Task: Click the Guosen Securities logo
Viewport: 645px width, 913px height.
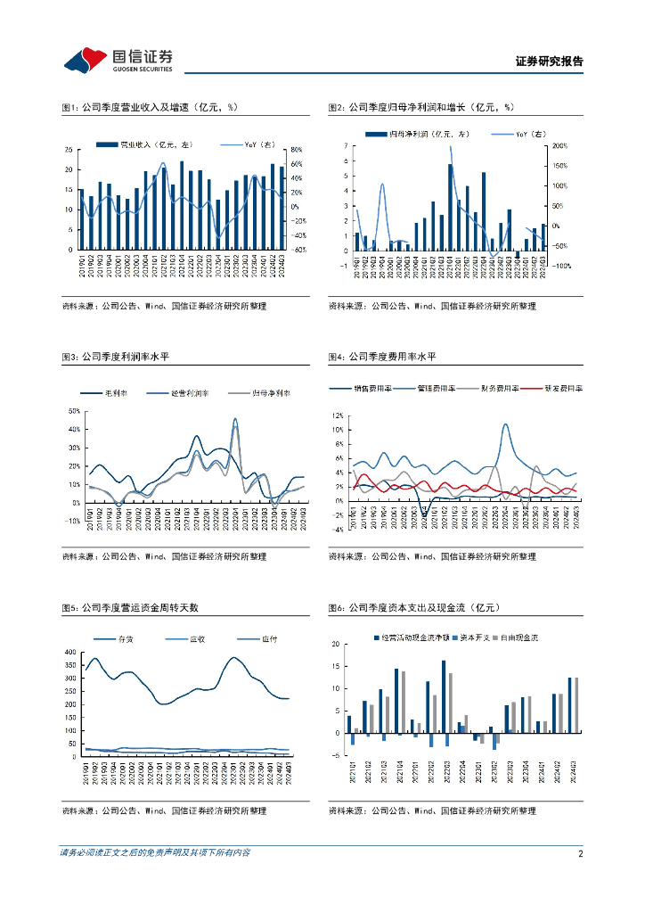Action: point(118,60)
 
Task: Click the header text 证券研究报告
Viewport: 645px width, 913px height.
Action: point(549,62)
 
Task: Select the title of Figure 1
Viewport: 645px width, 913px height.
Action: point(150,108)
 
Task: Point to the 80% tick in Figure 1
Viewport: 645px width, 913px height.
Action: point(297,150)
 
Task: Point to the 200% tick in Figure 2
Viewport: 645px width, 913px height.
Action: point(560,145)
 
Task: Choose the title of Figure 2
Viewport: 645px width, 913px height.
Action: point(421,108)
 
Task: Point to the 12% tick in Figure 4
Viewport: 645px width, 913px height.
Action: point(338,415)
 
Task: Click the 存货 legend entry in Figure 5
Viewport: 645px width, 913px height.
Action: point(125,638)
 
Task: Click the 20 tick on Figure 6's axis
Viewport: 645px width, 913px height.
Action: point(336,644)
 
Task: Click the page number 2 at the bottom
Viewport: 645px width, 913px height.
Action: point(580,853)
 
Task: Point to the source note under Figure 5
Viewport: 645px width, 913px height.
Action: point(164,811)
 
